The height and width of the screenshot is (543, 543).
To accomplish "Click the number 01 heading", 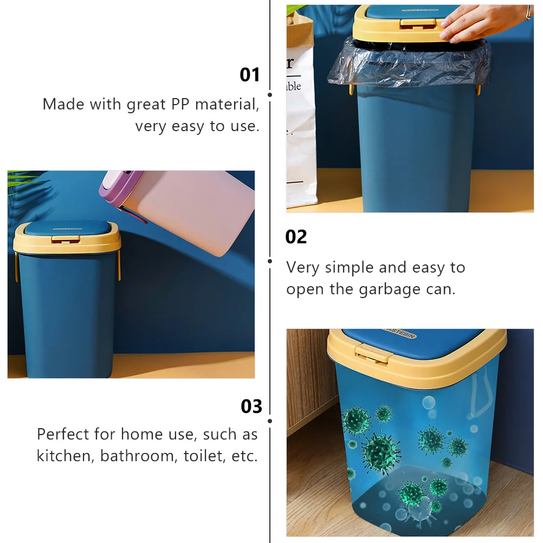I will tap(250, 75).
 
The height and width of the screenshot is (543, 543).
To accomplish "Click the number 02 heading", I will tap(296, 237).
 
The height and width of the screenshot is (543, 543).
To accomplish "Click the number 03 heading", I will tap(251, 406).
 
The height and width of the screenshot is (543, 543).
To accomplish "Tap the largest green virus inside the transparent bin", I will tap(381, 449).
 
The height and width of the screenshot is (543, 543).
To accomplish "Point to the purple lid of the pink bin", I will tap(120, 187).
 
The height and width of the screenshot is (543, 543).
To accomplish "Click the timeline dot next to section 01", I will tap(270, 94).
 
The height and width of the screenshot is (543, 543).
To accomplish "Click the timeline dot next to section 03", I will tap(270, 421).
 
